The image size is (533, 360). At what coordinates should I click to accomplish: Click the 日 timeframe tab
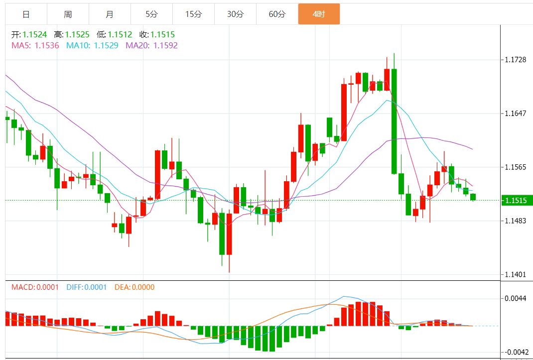(x=26, y=14)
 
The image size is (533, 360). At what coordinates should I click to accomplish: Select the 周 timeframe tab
(x=68, y=14)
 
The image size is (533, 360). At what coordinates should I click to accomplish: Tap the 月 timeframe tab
(x=110, y=14)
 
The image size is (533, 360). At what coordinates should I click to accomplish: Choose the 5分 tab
(x=151, y=14)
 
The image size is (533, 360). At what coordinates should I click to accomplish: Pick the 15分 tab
(x=193, y=14)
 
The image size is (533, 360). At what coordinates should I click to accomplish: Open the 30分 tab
(x=235, y=14)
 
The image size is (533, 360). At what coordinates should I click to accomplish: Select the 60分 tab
(x=277, y=14)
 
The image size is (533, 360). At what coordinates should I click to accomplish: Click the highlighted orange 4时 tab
(x=319, y=14)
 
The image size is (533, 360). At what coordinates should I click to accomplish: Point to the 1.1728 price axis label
(x=516, y=60)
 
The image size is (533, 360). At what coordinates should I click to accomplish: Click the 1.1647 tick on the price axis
(x=516, y=114)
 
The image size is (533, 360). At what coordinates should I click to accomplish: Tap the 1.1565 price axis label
(x=516, y=167)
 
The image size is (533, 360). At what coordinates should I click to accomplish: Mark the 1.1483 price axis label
(x=516, y=221)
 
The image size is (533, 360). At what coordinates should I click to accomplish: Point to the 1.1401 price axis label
(x=516, y=274)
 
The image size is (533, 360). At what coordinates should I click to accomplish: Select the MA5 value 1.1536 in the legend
(x=47, y=45)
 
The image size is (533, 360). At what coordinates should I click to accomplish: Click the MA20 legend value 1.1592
(x=165, y=45)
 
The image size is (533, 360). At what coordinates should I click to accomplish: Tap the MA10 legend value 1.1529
(x=106, y=45)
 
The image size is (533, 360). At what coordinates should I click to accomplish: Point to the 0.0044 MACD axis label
(x=516, y=299)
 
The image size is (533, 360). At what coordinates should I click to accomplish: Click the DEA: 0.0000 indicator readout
(x=134, y=287)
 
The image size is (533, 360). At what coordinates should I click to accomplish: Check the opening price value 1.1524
(x=34, y=35)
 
